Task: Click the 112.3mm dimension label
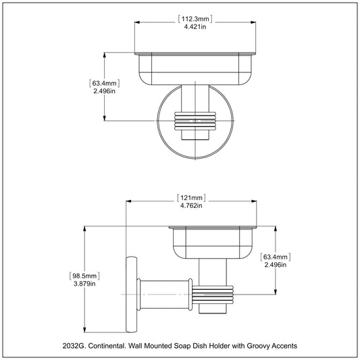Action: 195,19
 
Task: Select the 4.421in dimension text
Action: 195,27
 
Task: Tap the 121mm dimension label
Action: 191,198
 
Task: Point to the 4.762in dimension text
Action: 191,206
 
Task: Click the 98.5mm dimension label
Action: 84,276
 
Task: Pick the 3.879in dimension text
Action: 84,284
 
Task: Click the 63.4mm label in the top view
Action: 105,83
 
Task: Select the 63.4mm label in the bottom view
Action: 276,257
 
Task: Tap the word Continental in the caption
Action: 107,346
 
